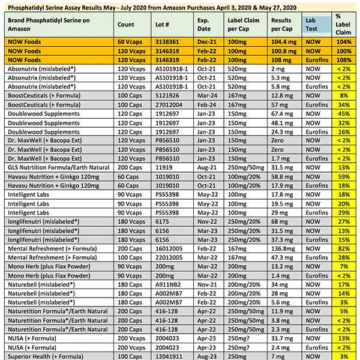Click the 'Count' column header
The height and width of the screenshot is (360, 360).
(x=126, y=25)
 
